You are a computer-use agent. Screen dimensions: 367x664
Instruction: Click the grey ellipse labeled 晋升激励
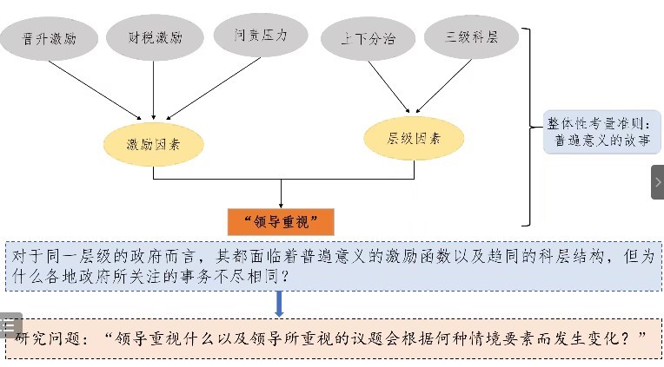(x=47, y=40)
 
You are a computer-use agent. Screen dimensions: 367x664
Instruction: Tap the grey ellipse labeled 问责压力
(x=261, y=36)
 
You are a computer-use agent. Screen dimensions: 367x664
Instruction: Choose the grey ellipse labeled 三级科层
(x=469, y=40)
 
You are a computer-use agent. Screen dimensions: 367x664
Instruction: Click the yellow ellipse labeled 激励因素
(x=154, y=142)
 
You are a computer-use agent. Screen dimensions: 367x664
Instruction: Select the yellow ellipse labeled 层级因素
(x=414, y=137)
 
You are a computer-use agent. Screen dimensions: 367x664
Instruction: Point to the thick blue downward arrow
(x=279, y=303)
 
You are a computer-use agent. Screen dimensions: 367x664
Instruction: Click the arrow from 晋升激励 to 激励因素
(x=96, y=89)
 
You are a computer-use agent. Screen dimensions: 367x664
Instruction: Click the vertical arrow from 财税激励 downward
(x=155, y=91)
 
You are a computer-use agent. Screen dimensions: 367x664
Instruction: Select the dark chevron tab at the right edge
(x=657, y=182)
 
